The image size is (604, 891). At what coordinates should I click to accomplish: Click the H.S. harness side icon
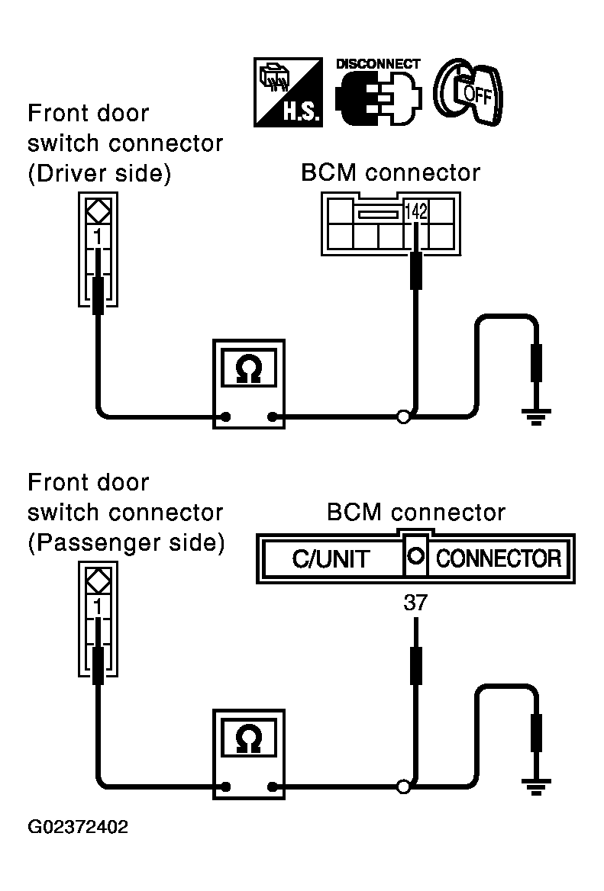(289, 92)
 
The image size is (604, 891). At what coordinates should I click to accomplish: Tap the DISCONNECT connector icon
(378, 92)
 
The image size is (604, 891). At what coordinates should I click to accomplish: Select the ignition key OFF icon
(468, 92)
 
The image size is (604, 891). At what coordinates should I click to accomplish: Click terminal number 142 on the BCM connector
(415, 211)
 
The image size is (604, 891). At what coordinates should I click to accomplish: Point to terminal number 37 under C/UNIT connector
(415, 603)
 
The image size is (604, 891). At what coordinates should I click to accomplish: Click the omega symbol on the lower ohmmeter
(248, 739)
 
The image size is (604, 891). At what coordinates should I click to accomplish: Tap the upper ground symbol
(536, 417)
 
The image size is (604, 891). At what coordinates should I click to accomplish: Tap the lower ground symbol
(536, 786)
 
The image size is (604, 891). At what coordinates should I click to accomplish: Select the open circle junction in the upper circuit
(403, 417)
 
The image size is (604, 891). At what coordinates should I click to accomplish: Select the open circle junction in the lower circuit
(403, 787)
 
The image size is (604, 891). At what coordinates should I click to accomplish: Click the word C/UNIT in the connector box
(331, 559)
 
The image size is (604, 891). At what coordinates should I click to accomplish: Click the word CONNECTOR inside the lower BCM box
(499, 558)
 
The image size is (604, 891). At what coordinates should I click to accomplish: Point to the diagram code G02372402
(78, 827)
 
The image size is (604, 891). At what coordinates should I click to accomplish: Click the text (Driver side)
(99, 173)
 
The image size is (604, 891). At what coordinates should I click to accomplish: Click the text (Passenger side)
(126, 542)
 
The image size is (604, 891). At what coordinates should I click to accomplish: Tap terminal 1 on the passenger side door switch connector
(98, 607)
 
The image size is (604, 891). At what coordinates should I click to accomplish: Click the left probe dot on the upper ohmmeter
(226, 417)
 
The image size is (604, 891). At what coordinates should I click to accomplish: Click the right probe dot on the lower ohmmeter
(273, 787)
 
